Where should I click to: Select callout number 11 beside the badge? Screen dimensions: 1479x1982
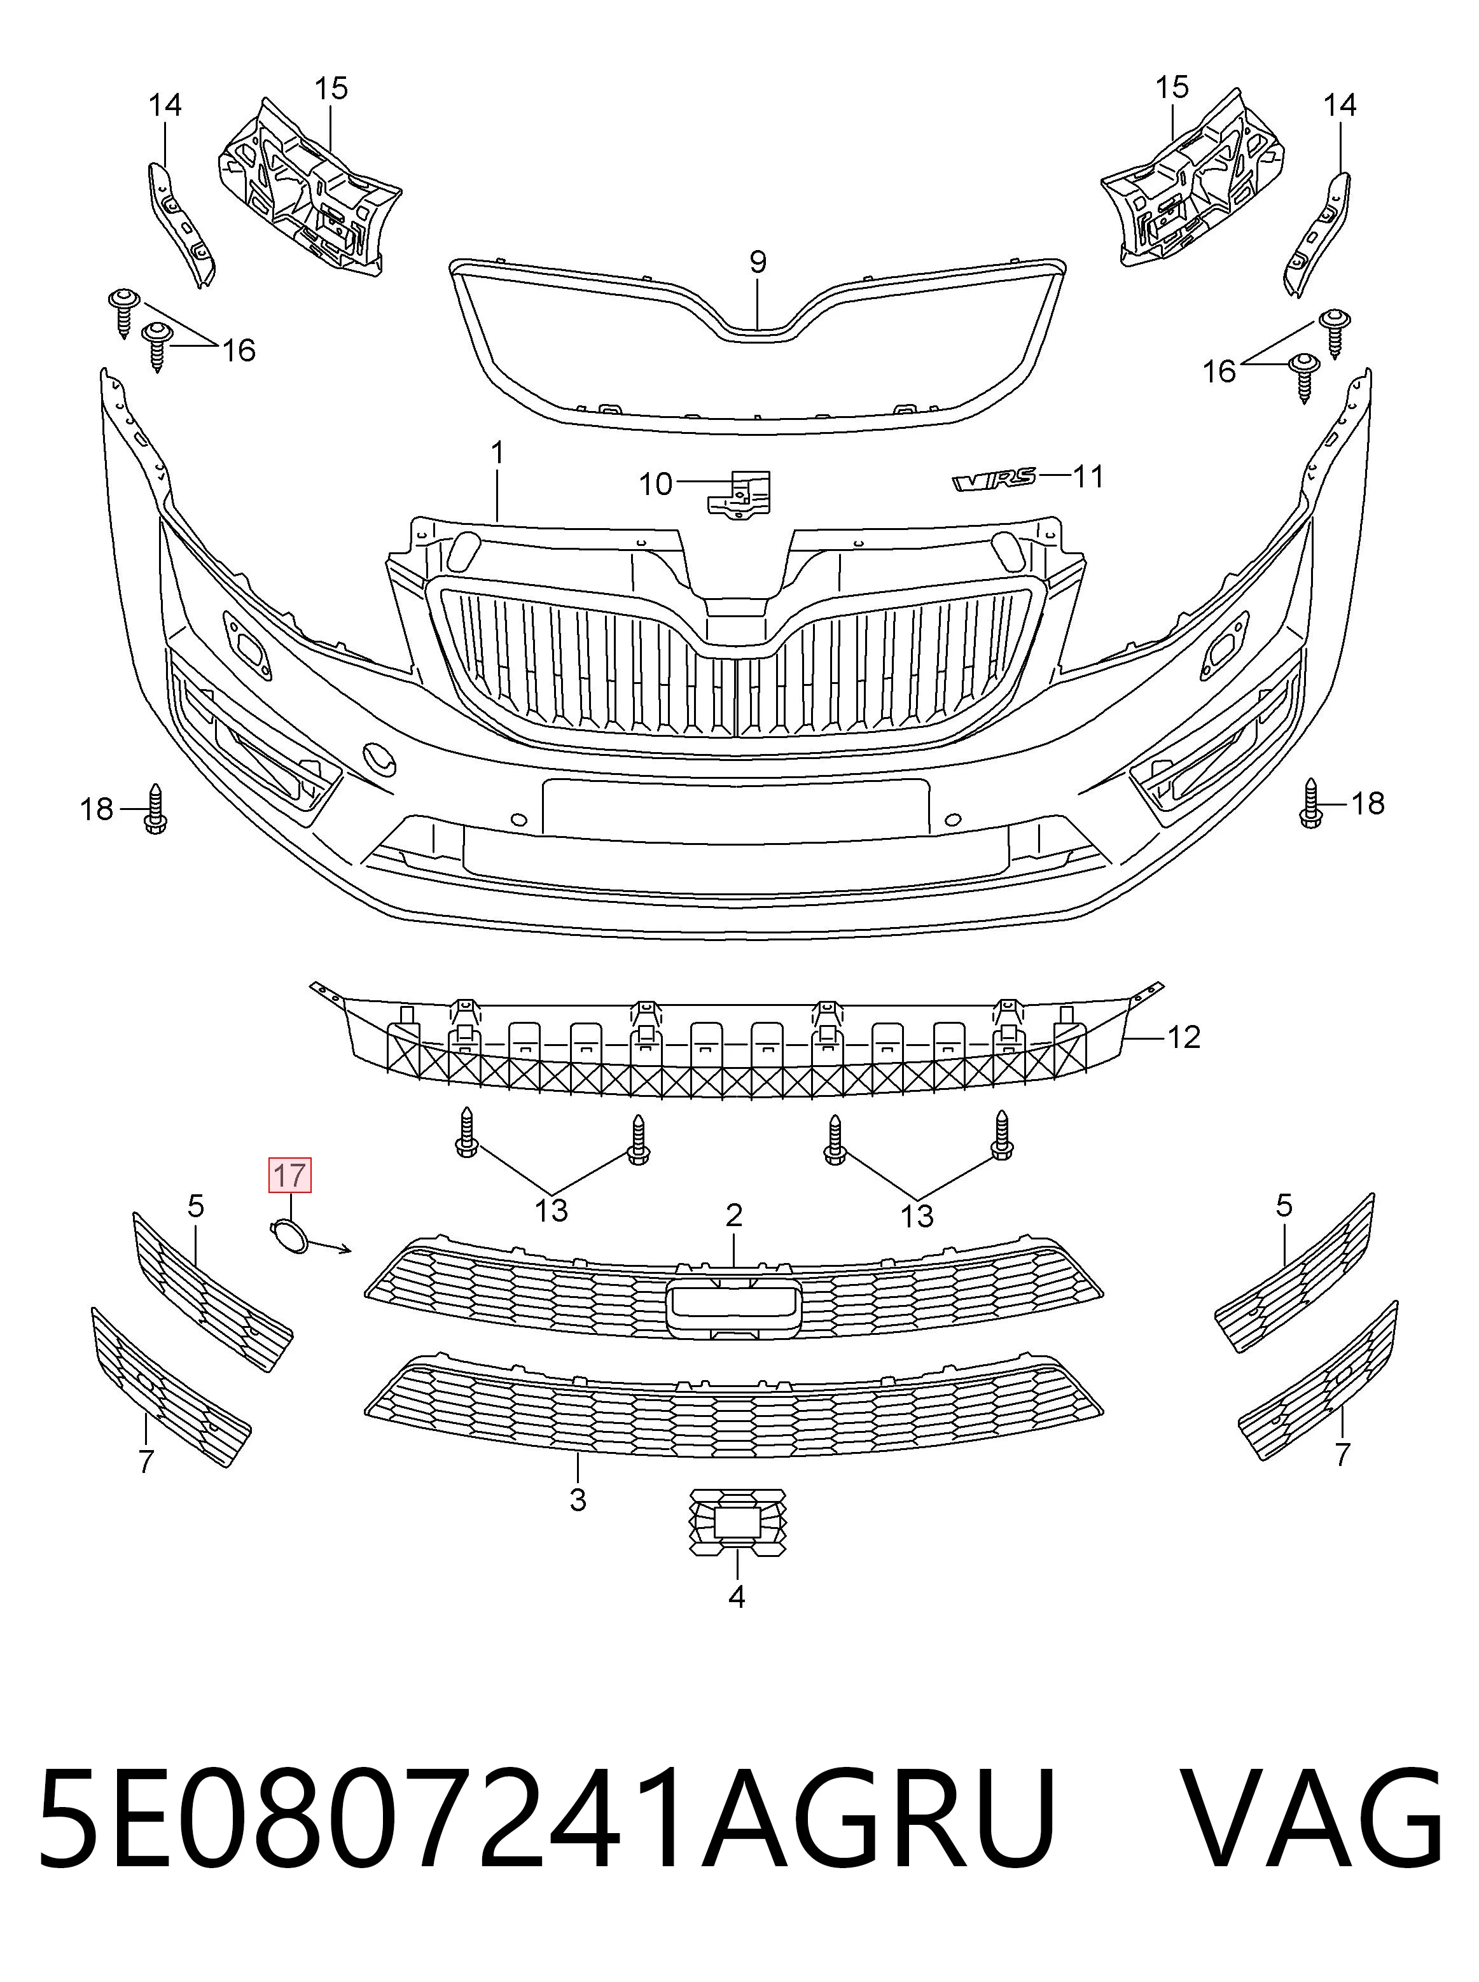pos(1088,477)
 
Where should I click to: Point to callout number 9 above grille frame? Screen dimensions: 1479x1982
pos(758,262)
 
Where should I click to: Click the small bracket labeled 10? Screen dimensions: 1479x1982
pos(739,494)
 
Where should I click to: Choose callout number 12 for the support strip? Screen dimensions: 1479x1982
pos(1184,1037)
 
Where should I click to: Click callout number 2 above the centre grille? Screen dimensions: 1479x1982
pos(734,1215)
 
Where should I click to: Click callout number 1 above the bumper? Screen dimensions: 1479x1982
pos(497,452)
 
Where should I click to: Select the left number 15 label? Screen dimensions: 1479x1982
pos(330,88)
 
